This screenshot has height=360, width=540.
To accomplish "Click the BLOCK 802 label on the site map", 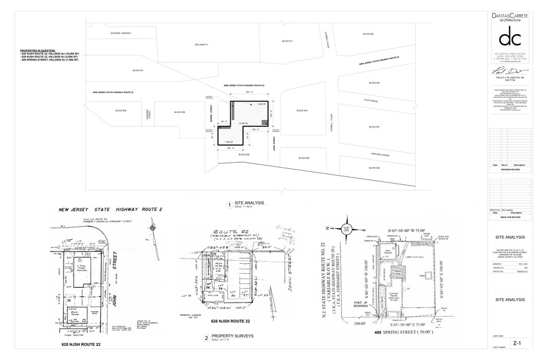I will (367, 34).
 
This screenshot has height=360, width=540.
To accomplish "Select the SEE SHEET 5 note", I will (201, 45).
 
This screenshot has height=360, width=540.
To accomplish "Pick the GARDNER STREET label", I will (147, 113).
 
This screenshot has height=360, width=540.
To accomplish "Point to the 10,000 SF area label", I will (242, 124).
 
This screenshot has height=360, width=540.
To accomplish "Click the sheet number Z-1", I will (517, 344).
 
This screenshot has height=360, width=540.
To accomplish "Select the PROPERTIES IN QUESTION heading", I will (37, 50).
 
